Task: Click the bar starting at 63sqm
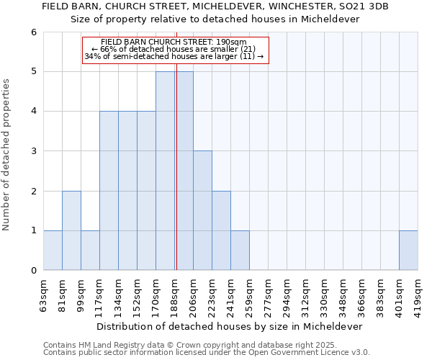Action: click(53, 251)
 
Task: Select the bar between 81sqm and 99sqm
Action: click(71, 230)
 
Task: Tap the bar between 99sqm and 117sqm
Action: click(90, 251)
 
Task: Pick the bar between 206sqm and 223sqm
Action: click(202, 210)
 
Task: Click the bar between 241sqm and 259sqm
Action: click(240, 251)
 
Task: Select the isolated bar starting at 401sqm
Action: click(408, 251)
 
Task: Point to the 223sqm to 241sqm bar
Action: click(221, 230)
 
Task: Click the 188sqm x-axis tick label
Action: click(175, 292)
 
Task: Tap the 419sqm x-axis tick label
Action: click(418, 292)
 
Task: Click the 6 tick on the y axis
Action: click(34, 32)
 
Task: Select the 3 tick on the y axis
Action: click(34, 151)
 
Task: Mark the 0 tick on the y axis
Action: click(34, 271)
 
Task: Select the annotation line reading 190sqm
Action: click(174, 42)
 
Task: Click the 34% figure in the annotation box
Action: click(91, 56)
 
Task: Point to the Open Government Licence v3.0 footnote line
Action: click(207, 353)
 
